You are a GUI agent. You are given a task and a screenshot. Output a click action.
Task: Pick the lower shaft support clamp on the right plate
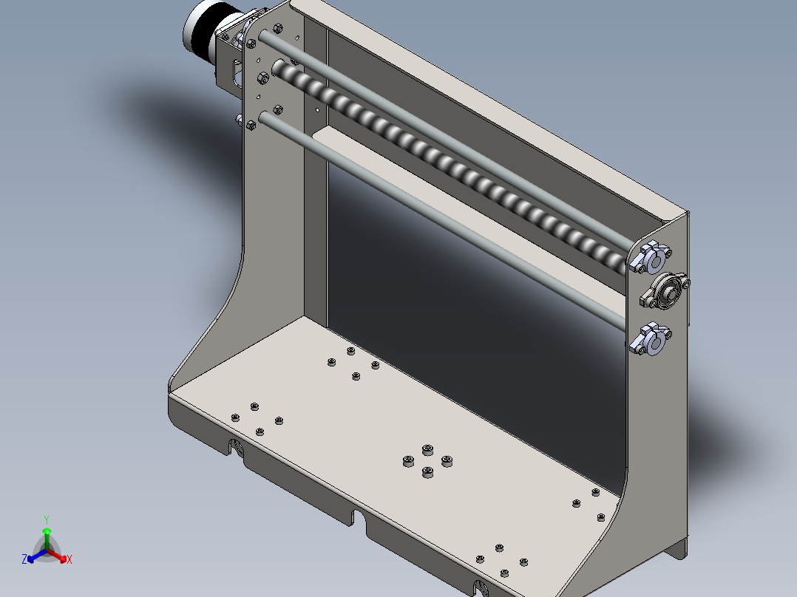pyautogui.click(x=651, y=339)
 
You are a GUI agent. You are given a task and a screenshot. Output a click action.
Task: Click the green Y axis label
pyautogui.click(x=47, y=519)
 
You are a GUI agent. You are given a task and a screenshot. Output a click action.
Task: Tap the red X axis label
pyautogui.click(x=69, y=559)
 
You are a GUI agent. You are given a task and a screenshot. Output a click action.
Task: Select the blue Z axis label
pyautogui.click(x=24, y=559)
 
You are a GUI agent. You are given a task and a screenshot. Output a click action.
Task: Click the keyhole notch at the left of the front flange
pyautogui.click(x=236, y=446)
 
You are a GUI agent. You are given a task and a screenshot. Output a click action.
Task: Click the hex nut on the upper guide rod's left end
pyautogui.click(x=250, y=43)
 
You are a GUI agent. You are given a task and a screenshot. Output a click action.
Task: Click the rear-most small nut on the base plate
pyautogui.click(x=350, y=350)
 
